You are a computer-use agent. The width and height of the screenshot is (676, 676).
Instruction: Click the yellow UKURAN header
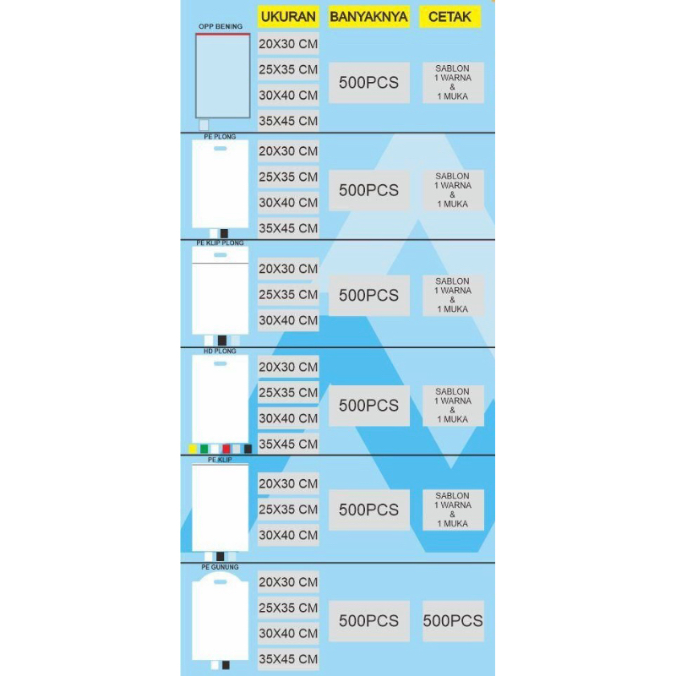(288, 17)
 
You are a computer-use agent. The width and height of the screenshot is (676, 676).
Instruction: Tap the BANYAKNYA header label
(368, 17)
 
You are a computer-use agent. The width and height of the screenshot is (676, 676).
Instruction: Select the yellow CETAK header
(450, 17)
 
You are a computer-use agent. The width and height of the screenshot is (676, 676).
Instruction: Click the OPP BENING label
(220, 27)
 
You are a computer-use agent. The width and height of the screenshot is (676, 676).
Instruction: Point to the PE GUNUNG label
(220, 567)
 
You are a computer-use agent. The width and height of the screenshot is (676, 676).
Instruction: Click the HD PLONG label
(220, 350)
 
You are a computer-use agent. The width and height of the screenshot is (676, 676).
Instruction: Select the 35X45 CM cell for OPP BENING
(288, 121)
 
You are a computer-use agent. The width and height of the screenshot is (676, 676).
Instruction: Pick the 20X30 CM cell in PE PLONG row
(288, 151)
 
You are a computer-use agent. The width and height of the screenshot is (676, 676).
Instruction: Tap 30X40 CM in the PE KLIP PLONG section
(288, 320)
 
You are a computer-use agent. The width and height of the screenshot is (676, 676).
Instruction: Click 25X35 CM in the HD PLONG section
(288, 393)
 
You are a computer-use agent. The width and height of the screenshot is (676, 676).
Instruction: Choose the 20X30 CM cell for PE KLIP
(288, 483)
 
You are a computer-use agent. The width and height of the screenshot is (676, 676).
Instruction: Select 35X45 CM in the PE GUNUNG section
(288, 659)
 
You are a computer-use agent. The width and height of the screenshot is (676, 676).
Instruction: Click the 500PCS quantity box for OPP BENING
(368, 83)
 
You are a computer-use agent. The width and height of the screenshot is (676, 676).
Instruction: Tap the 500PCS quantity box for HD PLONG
(368, 406)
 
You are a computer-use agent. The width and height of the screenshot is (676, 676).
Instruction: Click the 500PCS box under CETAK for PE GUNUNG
(453, 621)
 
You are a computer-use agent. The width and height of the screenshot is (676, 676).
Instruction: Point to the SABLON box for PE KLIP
(453, 510)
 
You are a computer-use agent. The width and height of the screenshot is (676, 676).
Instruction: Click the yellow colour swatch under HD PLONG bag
(193, 448)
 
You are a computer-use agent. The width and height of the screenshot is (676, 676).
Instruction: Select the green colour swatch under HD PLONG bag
(204, 448)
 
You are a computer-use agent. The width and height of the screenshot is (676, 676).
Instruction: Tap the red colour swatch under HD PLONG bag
(226, 448)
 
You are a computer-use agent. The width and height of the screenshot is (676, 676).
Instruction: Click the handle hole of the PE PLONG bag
(220, 150)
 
